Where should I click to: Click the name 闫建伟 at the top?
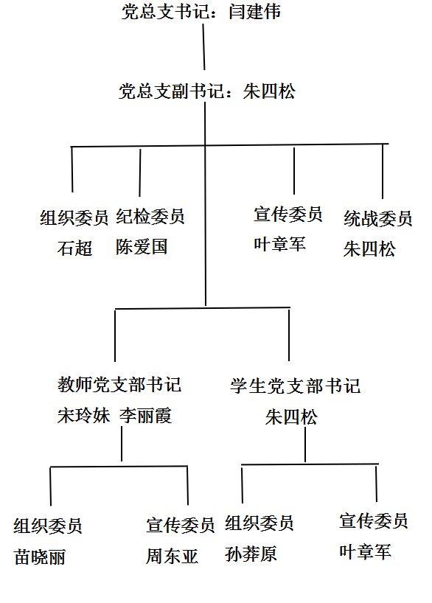coord(254,12)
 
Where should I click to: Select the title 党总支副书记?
coord(171,91)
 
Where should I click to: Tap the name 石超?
coord(74,248)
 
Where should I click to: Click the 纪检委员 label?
coord(150,217)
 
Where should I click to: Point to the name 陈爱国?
coord(142,246)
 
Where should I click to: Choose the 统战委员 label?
coord(378,219)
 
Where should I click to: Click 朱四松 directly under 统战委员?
coord(369,249)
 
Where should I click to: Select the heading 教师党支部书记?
coord(119,385)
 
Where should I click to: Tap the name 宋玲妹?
coord(83,416)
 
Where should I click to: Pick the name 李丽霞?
coord(145,416)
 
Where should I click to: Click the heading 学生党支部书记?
coord(296,386)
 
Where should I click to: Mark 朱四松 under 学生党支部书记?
coord(291,417)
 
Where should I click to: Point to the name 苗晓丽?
coord(40,557)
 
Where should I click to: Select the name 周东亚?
coord(172,556)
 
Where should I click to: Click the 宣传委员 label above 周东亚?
coord(181,526)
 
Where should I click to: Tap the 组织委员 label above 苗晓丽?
coord(48,526)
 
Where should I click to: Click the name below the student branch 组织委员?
coord(251,554)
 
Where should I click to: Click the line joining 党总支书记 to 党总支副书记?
coord(203,47)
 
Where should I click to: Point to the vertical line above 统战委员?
coord(383,172)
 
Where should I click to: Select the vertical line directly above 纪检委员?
coord(140,172)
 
